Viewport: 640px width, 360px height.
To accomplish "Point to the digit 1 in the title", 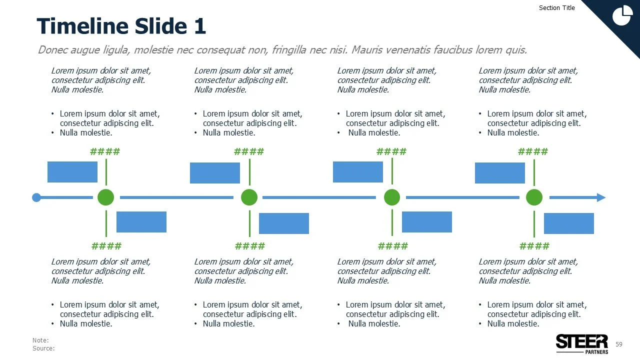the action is pos(199,26).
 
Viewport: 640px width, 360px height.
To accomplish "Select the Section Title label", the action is pos(557,8).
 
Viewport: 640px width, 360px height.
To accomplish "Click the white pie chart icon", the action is pos(622,15).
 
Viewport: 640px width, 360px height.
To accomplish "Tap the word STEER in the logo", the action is pos(581,341).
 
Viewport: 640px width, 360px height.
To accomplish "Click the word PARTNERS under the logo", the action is pos(596,352).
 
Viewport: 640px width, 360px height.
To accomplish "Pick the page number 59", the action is pos(619,344).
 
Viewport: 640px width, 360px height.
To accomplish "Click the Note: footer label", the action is pos(40,340).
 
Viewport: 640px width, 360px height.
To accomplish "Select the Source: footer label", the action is pos(43,348).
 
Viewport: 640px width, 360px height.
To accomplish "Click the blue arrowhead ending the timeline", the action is pos(600,197).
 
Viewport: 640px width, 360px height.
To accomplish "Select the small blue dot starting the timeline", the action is pos(36,197).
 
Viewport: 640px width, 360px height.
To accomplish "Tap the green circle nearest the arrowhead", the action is pos(534,197).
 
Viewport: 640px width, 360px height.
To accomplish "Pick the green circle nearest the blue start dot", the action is pos(106,197).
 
